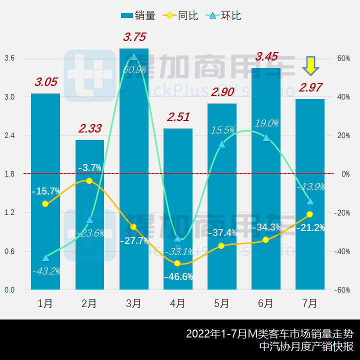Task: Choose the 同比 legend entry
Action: (179, 15)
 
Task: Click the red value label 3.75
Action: (135, 37)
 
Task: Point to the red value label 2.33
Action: (90, 128)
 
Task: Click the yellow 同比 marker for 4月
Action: (177, 263)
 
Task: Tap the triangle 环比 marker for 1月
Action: (45, 257)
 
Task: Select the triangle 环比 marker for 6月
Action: (266, 137)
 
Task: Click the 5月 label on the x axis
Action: (221, 303)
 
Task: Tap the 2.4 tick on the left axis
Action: (9, 135)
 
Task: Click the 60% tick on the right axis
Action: (343, 58)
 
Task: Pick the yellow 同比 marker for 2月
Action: (89, 180)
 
